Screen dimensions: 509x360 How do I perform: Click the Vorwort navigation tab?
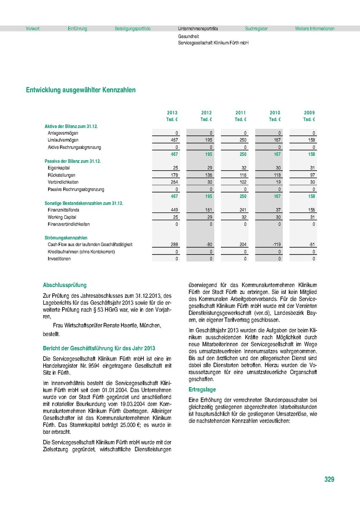pos(33,29)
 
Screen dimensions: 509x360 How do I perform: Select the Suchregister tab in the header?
pos(256,29)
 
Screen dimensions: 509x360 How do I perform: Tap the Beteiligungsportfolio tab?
pos(132,29)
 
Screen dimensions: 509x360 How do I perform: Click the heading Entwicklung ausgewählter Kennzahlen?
pos(81,90)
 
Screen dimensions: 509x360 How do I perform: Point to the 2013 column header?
pos(172,113)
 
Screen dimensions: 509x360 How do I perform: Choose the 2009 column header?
pos(309,113)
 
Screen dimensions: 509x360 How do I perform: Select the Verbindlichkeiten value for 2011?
pos(242,182)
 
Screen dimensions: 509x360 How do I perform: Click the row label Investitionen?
pos(59,259)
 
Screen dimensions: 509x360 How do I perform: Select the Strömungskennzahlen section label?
pos(66,238)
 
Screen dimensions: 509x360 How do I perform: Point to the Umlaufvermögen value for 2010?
pos(276,140)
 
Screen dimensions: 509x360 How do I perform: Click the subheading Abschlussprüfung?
pos(65,285)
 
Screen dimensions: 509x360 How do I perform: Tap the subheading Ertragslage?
pos(202,389)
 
